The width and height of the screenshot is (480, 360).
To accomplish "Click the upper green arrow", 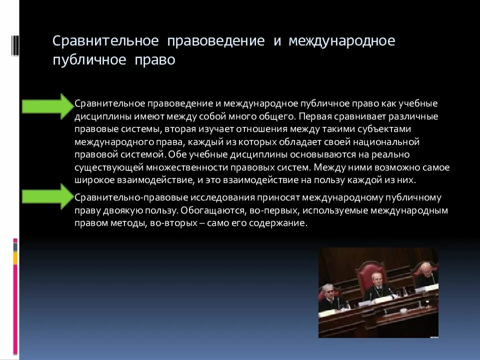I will tap(47, 106).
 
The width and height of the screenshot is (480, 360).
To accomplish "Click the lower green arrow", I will tap(47, 196).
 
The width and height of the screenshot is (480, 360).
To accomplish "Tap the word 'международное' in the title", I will tap(341, 40).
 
